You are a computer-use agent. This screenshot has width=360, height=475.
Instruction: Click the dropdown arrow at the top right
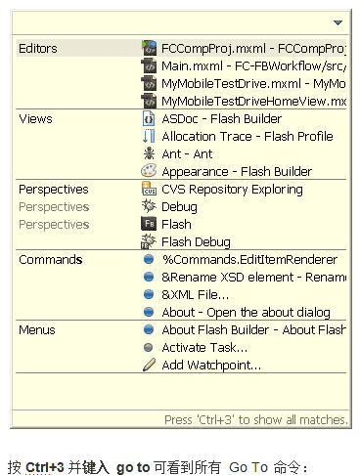(337, 22)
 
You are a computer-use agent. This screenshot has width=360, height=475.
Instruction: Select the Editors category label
(38, 48)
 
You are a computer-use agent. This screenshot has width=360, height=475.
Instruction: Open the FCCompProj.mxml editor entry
(252, 48)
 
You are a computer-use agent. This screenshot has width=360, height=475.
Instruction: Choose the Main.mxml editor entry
(252, 65)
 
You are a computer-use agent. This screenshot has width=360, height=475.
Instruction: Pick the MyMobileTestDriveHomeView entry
(252, 101)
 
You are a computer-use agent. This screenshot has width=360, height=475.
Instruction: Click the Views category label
(35, 118)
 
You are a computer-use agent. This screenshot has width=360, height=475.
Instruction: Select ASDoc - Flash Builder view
(221, 118)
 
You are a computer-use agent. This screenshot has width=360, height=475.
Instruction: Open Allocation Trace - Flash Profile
(247, 136)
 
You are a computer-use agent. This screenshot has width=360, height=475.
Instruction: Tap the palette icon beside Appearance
(149, 171)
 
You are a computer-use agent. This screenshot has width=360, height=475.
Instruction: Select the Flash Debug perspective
(196, 241)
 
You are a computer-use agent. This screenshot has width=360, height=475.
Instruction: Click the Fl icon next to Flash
(149, 224)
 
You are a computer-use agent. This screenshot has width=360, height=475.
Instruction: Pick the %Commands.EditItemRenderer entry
(249, 259)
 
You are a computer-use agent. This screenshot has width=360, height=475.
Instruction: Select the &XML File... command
(196, 294)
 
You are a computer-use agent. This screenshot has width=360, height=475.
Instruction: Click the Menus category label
(37, 329)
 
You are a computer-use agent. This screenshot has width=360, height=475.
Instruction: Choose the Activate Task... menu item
(203, 347)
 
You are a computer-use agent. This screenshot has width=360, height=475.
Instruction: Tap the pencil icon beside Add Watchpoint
(149, 365)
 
